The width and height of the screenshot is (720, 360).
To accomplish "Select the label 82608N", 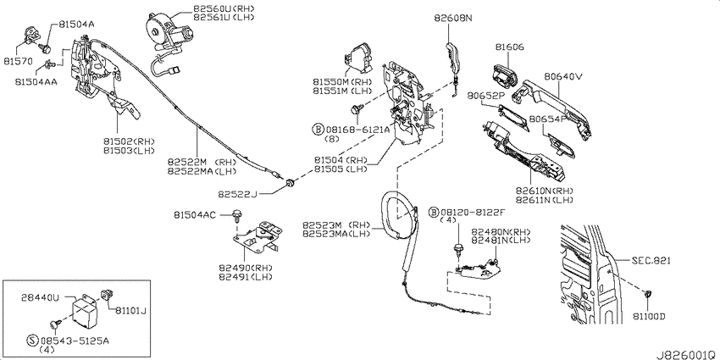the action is [x=453, y=18].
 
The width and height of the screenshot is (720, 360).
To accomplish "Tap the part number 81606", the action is [x=510, y=47].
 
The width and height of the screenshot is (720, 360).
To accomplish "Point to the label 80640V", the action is [x=563, y=77].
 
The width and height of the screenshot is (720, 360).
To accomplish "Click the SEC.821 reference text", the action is [x=651, y=261].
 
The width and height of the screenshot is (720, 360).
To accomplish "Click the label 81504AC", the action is [x=195, y=214].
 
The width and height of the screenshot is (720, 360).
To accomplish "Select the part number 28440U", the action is [x=41, y=297].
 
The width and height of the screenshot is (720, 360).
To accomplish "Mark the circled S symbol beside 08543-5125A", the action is [x=32, y=341].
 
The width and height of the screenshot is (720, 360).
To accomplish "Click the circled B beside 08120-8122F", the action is [x=434, y=212].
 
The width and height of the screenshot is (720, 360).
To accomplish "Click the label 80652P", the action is [x=486, y=96].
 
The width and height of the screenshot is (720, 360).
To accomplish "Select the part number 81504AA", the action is [x=36, y=81].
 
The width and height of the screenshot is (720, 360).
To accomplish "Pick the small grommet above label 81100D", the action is [x=648, y=294].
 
